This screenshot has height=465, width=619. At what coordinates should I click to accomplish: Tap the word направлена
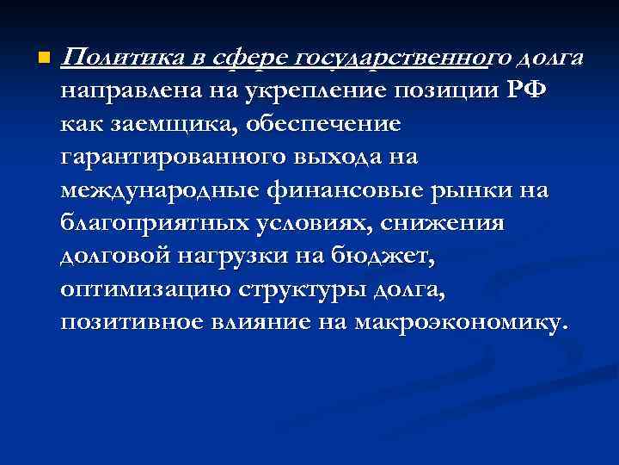pyautogui.click(x=127, y=91)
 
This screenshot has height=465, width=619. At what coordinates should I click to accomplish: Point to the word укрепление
pyautogui.click(x=302, y=91)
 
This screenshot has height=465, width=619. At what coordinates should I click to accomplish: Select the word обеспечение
pyautogui.click(x=322, y=124)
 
